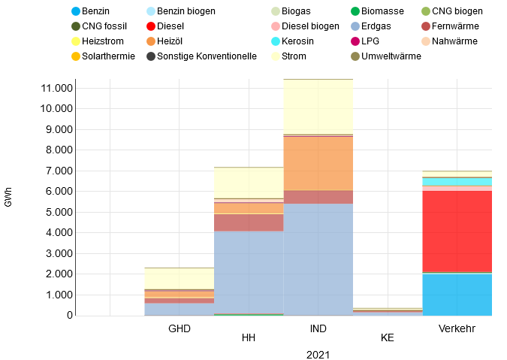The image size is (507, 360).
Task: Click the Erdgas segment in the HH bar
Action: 249,271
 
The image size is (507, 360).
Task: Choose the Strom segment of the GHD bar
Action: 180,278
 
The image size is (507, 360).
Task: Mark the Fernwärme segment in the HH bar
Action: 249,222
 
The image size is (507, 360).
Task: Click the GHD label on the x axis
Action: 180,328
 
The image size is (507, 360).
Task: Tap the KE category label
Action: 388,338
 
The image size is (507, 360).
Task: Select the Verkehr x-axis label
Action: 457,328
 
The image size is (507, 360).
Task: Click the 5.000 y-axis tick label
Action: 61,212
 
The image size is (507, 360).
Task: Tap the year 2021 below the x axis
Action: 318,354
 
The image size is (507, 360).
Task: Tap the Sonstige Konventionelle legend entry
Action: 201,56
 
